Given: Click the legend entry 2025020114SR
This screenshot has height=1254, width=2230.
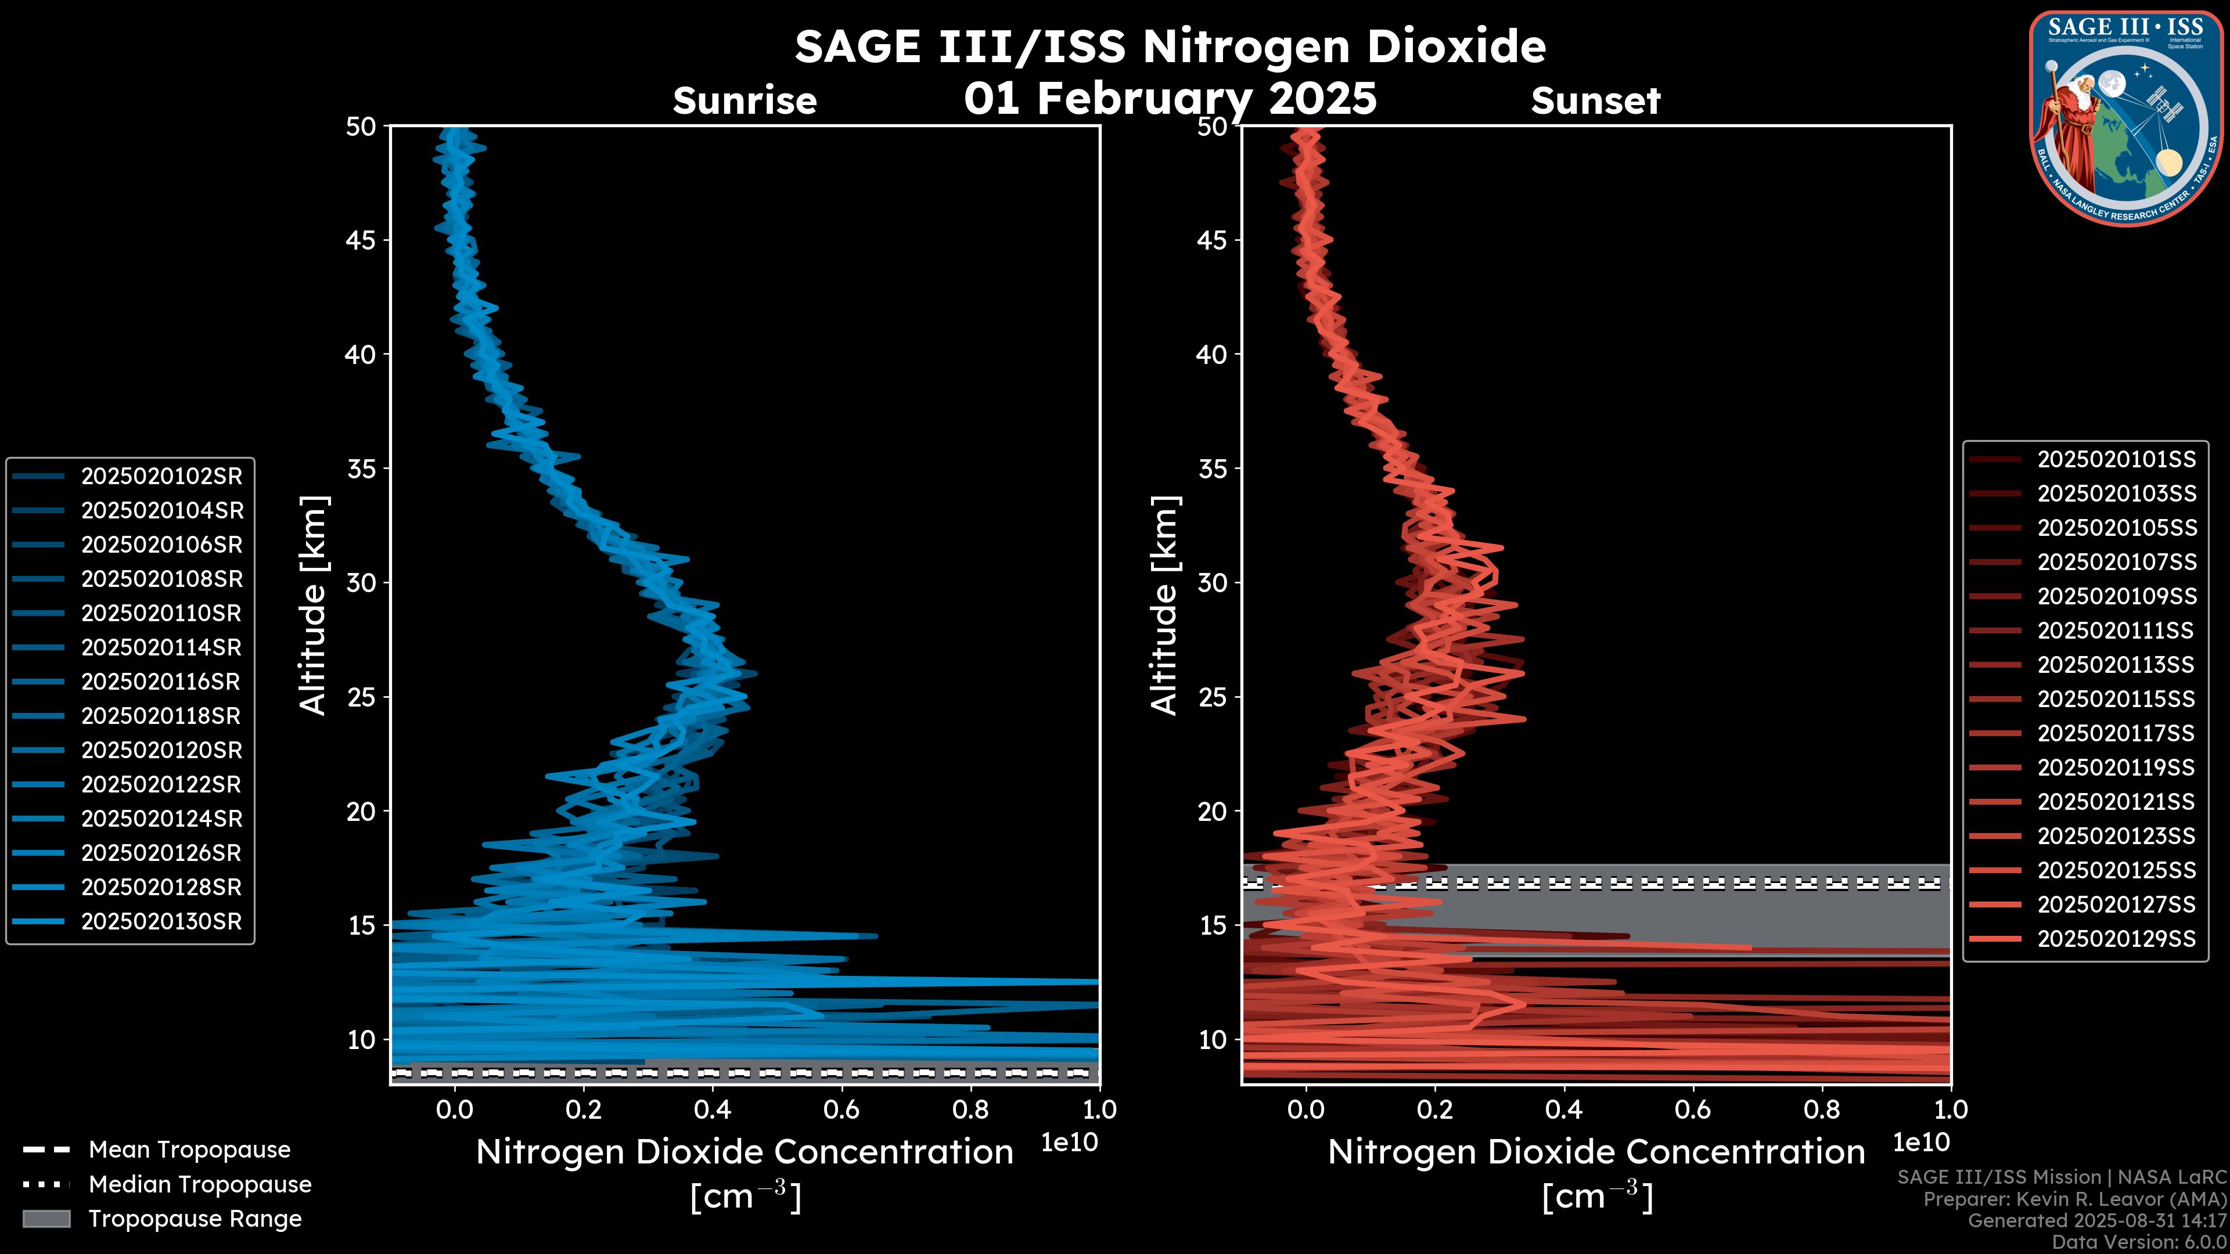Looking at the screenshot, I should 161,647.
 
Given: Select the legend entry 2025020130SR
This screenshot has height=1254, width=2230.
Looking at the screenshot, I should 161,922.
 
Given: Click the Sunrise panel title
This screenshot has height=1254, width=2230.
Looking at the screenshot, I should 744,101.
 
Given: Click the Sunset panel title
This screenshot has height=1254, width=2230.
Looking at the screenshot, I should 1595,101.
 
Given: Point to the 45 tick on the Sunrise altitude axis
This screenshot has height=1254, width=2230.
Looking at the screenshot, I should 362,240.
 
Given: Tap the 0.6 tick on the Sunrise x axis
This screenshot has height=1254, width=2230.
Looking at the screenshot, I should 841,1109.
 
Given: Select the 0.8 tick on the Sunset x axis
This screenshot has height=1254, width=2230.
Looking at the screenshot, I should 1822,1109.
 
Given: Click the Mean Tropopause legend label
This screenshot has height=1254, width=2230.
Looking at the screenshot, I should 189,1150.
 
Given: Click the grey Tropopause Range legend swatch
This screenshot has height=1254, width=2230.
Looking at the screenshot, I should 46,1219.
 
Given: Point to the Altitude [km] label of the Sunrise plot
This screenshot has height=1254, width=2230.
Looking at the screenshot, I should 314,605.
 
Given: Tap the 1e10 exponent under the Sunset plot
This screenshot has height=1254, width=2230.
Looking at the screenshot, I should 1921,1143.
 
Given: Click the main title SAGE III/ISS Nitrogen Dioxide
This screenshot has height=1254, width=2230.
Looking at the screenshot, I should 1170,46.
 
